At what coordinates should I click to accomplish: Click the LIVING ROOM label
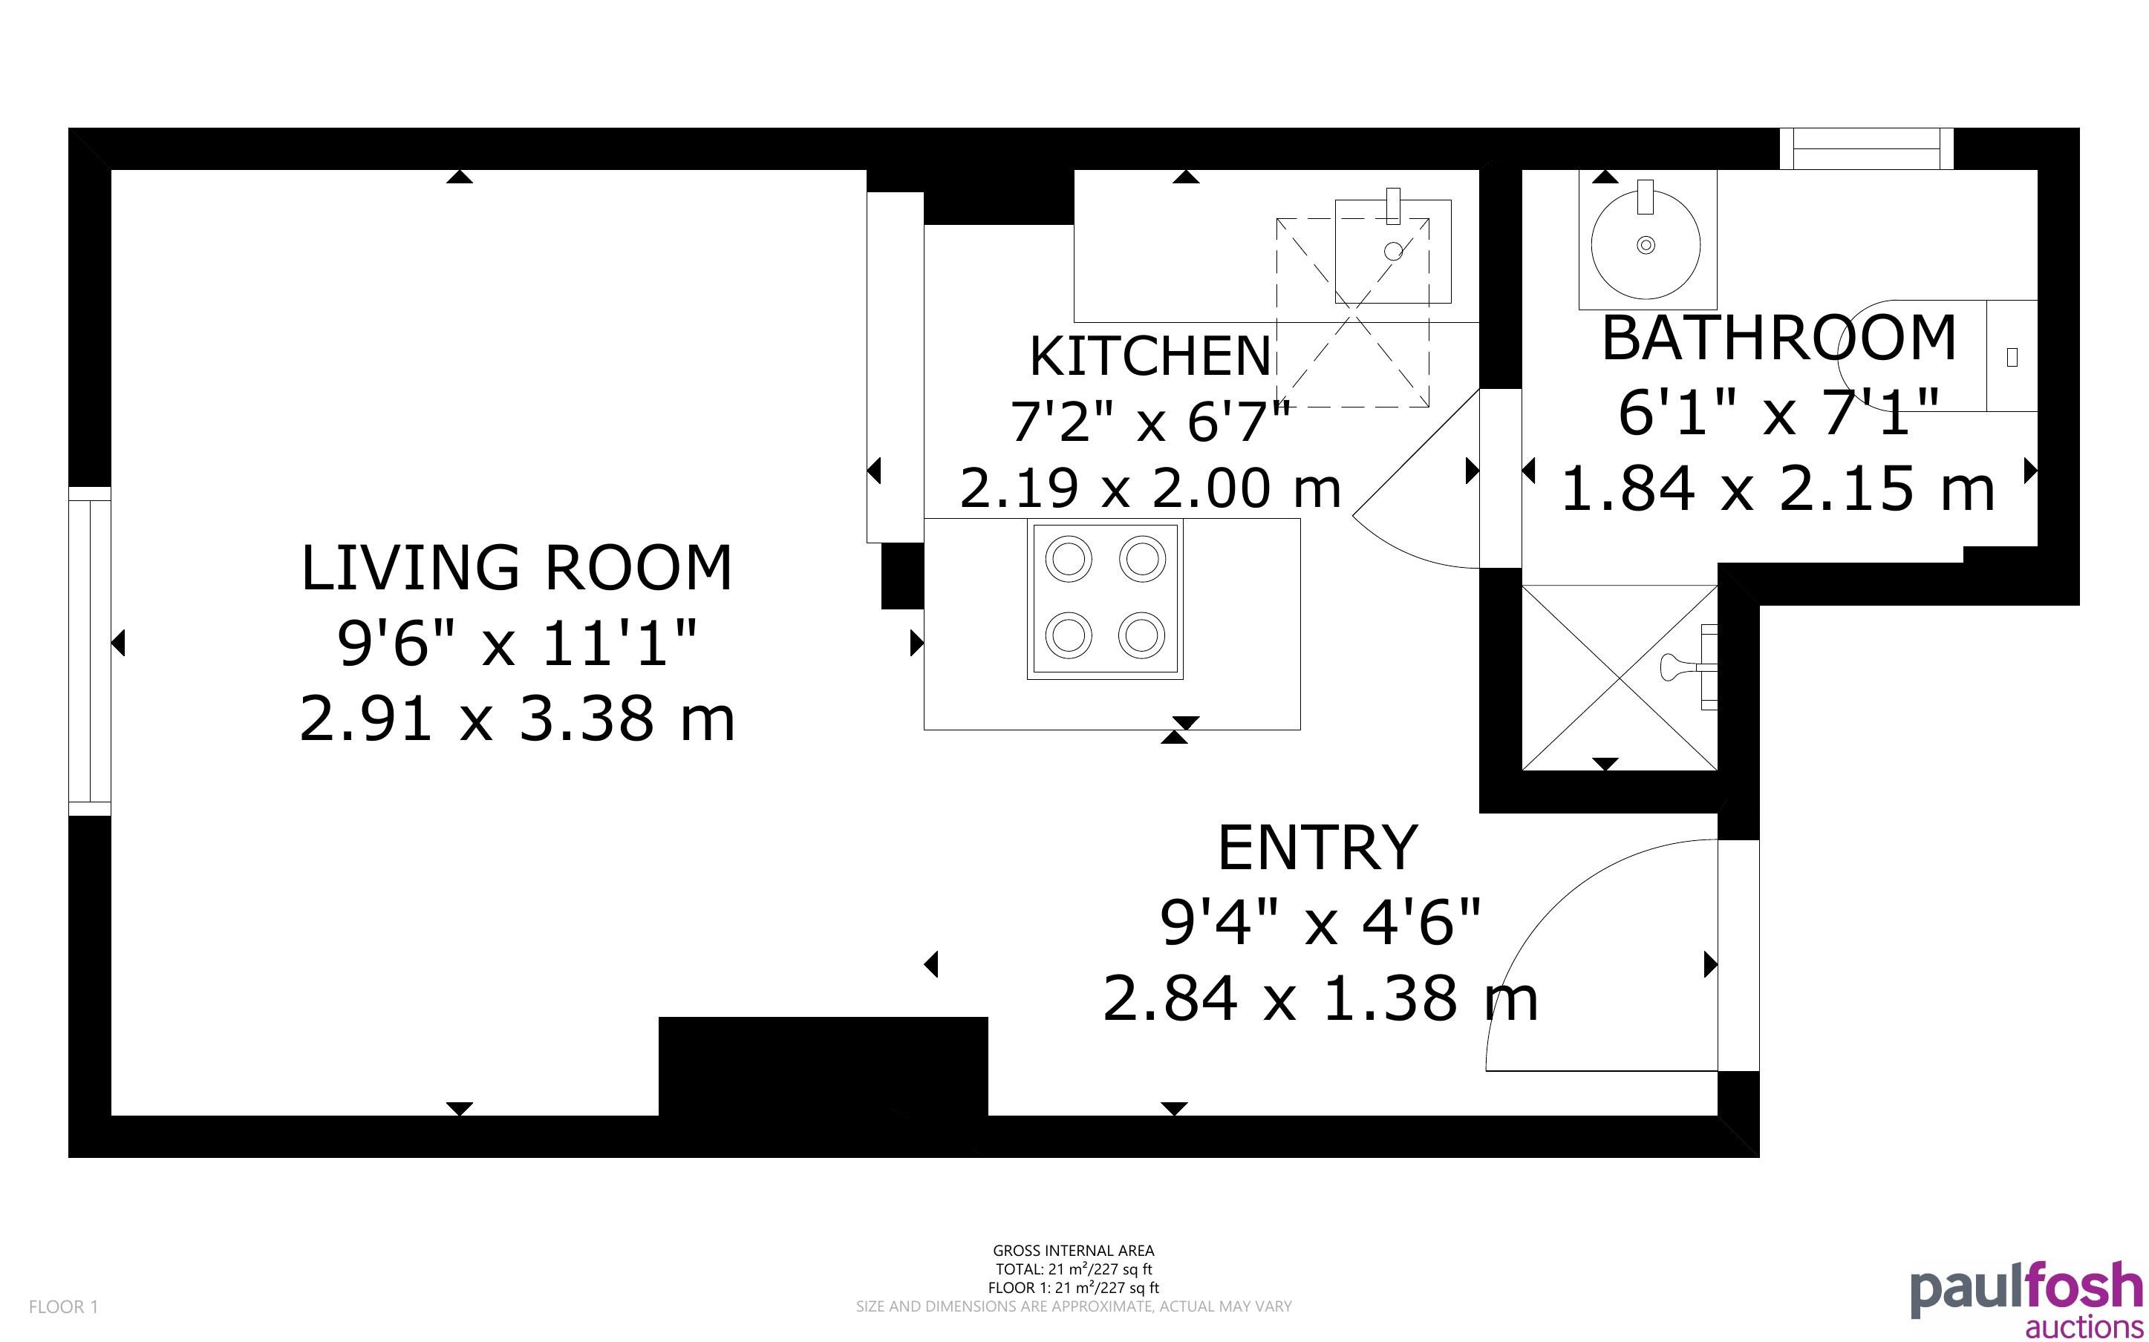(x=517, y=568)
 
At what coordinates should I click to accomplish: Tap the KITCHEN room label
(x=1150, y=356)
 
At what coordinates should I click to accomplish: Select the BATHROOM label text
(x=1779, y=338)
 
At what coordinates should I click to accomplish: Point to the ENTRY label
(x=1317, y=848)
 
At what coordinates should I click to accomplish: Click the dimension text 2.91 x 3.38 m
(x=518, y=718)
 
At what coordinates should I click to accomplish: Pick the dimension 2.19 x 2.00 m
(x=1150, y=487)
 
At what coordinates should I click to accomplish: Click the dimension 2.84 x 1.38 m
(x=1320, y=998)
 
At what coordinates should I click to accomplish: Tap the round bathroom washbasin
(x=1646, y=243)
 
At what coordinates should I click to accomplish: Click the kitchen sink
(x=1393, y=251)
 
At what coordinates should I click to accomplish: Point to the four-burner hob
(x=1105, y=599)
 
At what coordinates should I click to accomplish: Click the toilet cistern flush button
(x=2012, y=357)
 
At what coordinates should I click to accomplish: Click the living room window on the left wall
(x=90, y=650)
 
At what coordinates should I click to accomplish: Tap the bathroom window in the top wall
(x=1866, y=148)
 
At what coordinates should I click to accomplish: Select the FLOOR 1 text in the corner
(x=63, y=1306)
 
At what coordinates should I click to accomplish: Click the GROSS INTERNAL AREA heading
(x=1073, y=1251)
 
